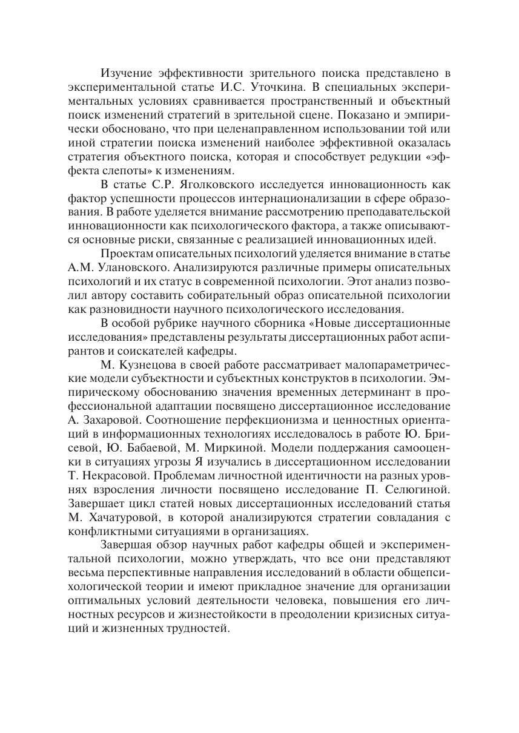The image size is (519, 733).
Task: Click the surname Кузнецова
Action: [148, 365]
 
